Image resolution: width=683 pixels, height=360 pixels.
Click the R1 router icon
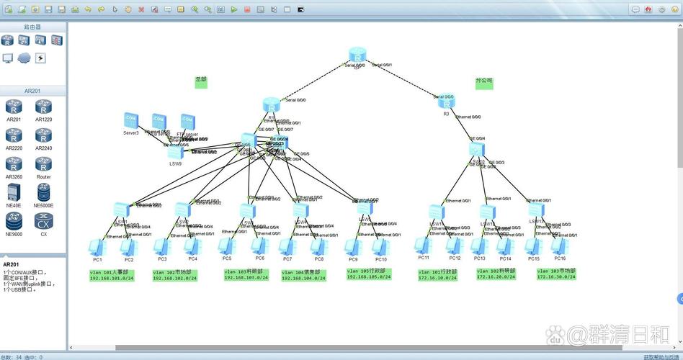pyautogui.click(x=271, y=105)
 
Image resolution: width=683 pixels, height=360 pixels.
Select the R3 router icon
pyautogui.click(x=446, y=102)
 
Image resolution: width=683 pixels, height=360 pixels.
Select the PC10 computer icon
pyautogui.click(x=380, y=247)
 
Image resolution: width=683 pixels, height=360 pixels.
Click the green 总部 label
pyautogui.click(x=201, y=82)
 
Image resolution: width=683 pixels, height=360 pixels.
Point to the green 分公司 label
pyautogui.click(x=484, y=82)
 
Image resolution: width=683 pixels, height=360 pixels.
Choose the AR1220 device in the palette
pyautogui.click(x=44, y=108)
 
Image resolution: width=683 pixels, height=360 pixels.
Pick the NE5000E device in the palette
pyautogui.click(x=44, y=193)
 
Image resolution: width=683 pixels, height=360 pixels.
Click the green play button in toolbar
pyautogui.click(x=234, y=9)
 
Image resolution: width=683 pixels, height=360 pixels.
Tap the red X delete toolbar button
pyautogui.click(x=141, y=9)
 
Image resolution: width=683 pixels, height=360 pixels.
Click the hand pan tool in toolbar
pyautogui.click(x=128, y=9)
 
